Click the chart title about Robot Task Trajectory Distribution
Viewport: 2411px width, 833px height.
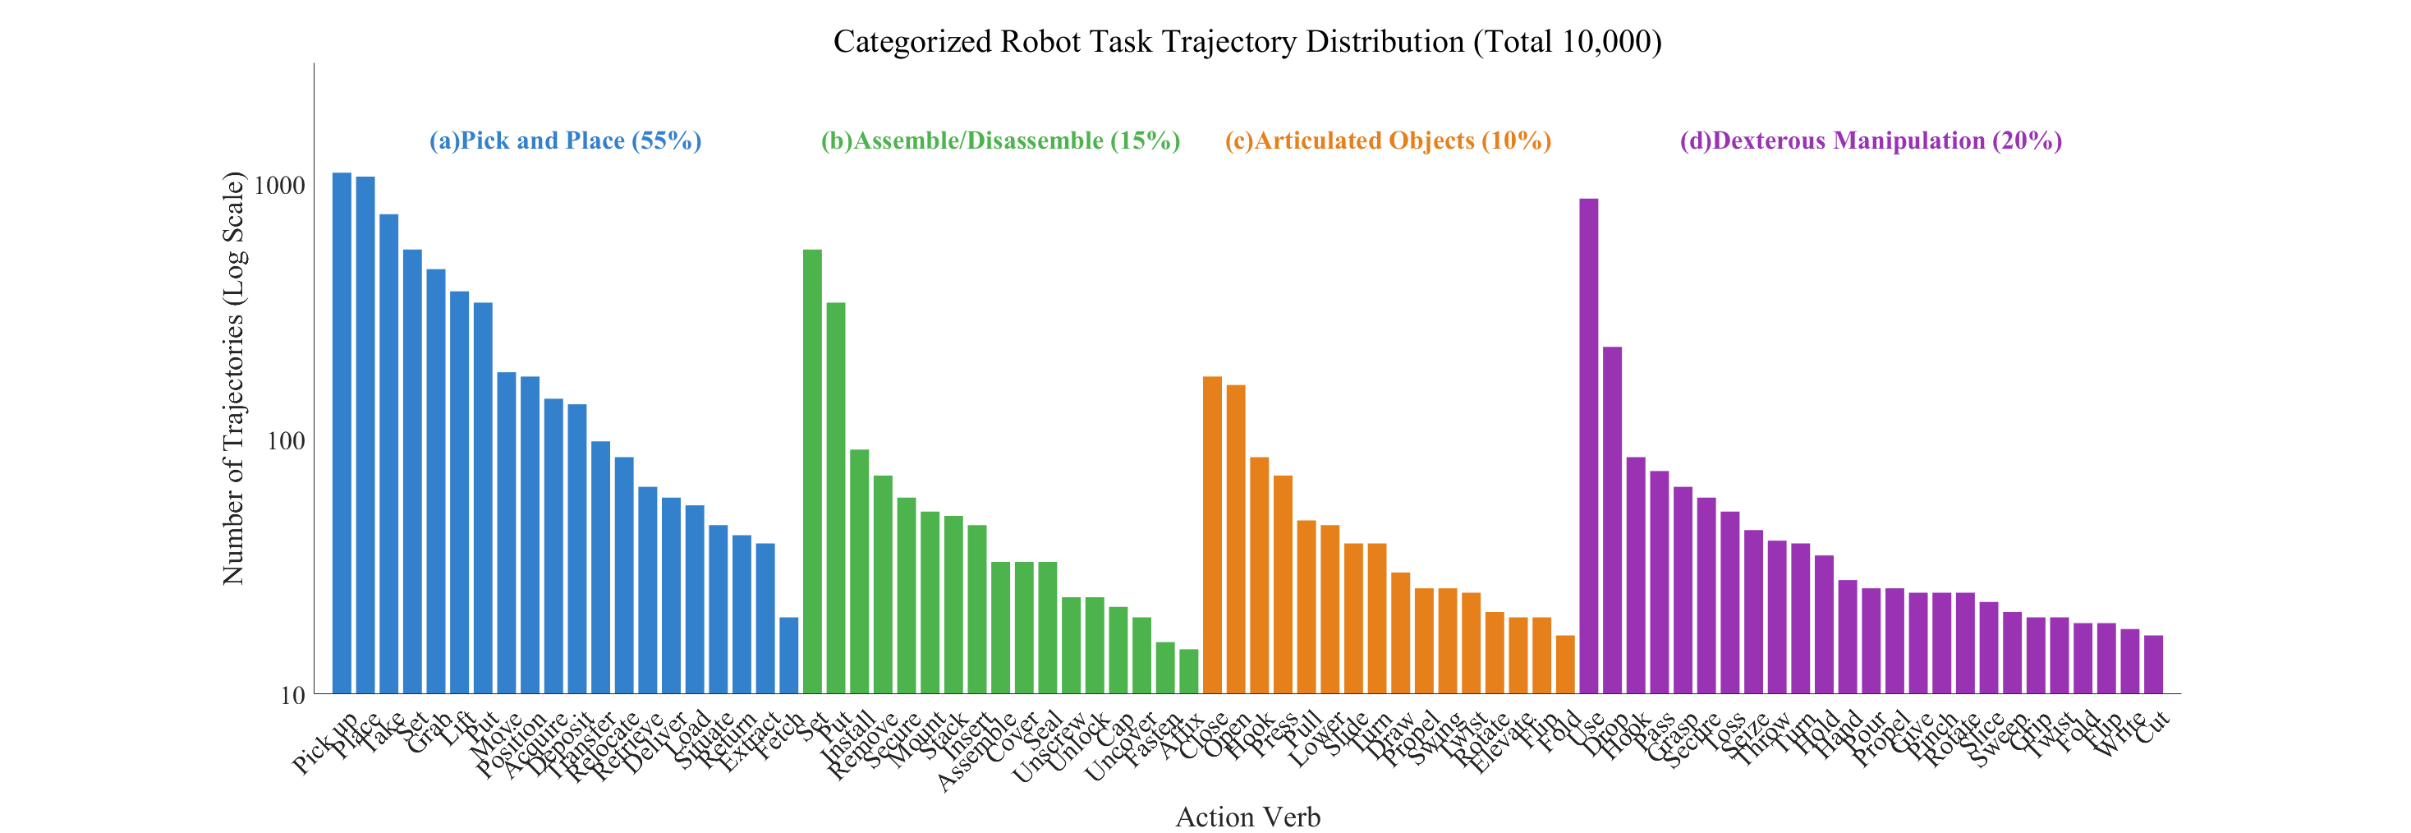1247,42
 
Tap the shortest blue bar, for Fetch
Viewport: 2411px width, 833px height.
789,656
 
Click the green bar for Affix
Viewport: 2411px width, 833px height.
1188,671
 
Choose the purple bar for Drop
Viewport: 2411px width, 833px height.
1612,519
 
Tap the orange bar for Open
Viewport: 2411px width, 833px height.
1235,539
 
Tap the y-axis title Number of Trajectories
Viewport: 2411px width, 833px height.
233,378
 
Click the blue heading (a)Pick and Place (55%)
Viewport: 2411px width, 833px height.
565,140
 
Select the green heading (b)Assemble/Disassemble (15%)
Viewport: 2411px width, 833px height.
999,140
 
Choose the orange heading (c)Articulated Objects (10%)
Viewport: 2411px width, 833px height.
1387,140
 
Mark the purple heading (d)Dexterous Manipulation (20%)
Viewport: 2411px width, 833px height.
1870,140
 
